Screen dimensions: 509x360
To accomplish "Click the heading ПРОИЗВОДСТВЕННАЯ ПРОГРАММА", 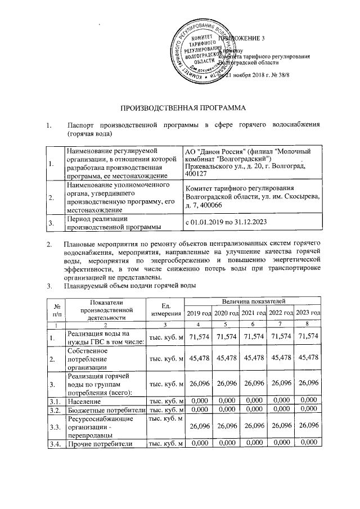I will (x=179, y=107).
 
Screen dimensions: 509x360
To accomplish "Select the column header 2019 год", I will (x=200, y=313).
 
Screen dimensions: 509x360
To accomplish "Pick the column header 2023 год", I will (x=308, y=313).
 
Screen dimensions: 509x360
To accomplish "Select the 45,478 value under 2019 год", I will (x=200, y=358).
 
